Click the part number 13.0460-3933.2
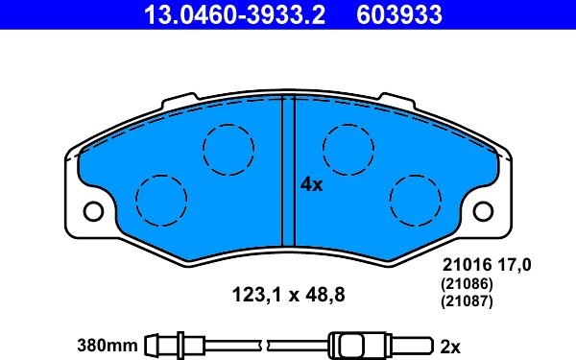pyautogui.click(x=234, y=14)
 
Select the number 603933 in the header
pyautogui.click(x=399, y=14)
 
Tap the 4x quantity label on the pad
pyautogui.click(x=311, y=184)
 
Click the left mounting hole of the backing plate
pyautogui.click(x=93, y=211)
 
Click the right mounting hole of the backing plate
pyautogui.click(x=483, y=211)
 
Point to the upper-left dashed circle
pyautogui.click(x=228, y=150)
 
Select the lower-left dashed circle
pyautogui.click(x=161, y=201)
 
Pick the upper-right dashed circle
pyautogui.click(x=348, y=150)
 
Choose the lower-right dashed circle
pyautogui.click(x=416, y=201)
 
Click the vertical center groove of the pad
pyautogui.click(x=288, y=171)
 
